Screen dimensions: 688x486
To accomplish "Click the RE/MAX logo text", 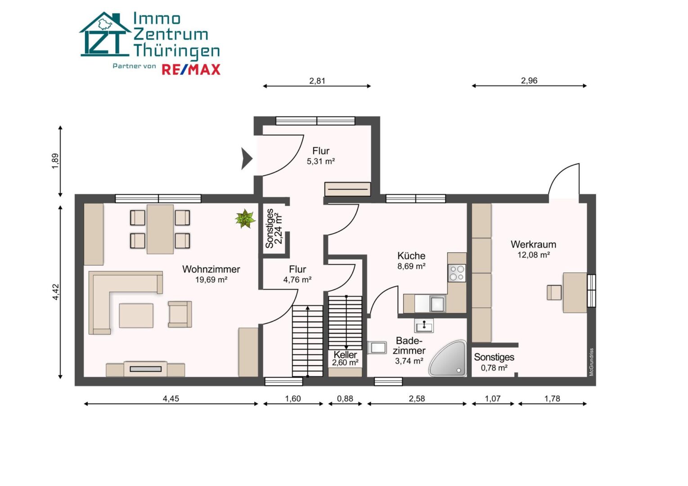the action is pyautogui.click(x=191, y=70).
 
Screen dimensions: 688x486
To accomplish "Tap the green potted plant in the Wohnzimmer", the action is pyautogui.click(x=245, y=218).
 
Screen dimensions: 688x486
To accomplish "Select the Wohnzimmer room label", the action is pyautogui.click(x=211, y=269).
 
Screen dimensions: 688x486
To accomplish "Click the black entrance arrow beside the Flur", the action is pyautogui.click(x=246, y=158).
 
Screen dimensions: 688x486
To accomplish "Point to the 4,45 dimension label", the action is pyautogui.click(x=171, y=398).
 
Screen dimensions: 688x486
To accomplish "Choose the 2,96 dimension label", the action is pyautogui.click(x=529, y=81).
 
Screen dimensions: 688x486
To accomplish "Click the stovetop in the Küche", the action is pyautogui.click(x=457, y=273).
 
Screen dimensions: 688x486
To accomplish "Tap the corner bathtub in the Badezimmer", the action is pyautogui.click(x=448, y=358).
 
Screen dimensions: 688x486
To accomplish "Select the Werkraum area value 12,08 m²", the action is pyautogui.click(x=534, y=255).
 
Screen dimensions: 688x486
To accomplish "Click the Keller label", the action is pyautogui.click(x=345, y=355).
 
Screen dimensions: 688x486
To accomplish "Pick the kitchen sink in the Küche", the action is pyautogui.click(x=437, y=304).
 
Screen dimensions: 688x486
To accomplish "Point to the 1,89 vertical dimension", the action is pyautogui.click(x=55, y=161).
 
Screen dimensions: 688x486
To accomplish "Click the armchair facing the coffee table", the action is pyautogui.click(x=180, y=314).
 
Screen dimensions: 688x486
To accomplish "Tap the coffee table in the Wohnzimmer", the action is pyautogui.click(x=136, y=315).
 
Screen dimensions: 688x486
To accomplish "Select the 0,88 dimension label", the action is pyautogui.click(x=345, y=398).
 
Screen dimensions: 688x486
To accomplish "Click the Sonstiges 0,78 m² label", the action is pyautogui.click(x=494, y=362).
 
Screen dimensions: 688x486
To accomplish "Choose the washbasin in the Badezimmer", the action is pyautogui.click(x=424, y=326).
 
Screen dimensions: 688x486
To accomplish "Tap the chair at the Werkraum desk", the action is pyautogui.click(x=554, y=292).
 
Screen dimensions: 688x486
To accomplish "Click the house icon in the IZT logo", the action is pyautogui.click(x=105, y=34).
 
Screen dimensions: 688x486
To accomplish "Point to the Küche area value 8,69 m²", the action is pyautogui.click(x=411, y=266).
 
